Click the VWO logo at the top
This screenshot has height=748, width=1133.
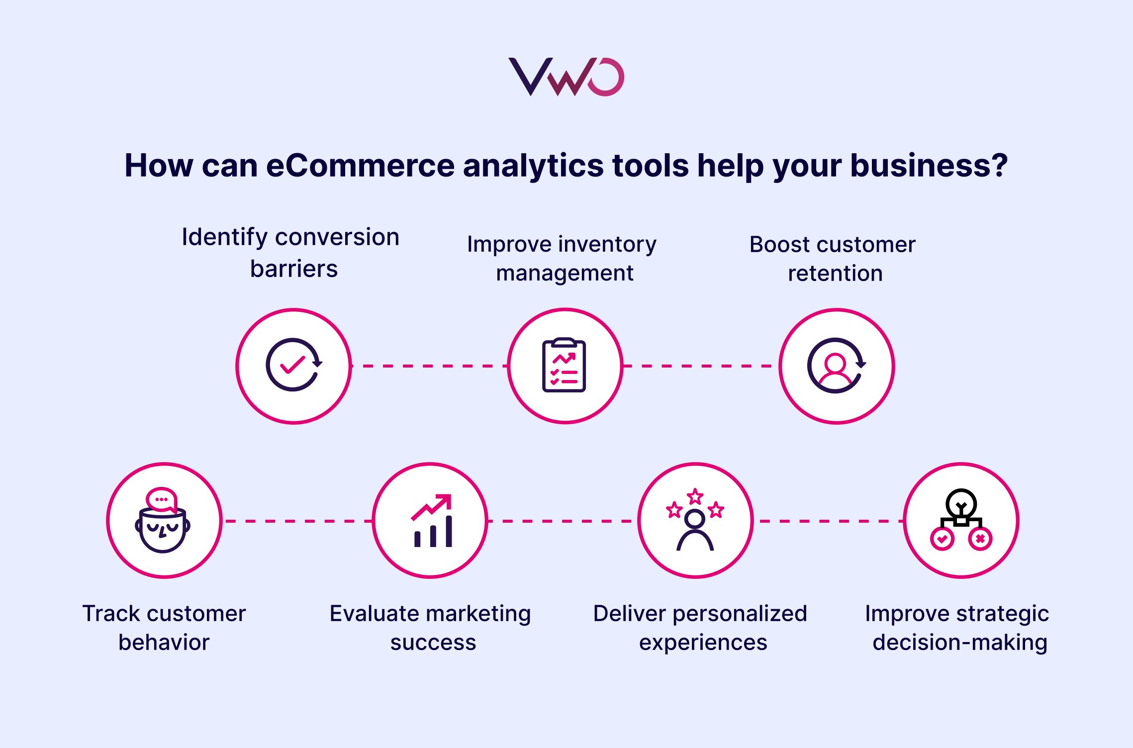(566, 77)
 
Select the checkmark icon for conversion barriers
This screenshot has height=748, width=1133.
(293, 366)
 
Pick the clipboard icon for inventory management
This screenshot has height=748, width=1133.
(564, 366)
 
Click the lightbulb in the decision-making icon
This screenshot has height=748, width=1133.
(961, 503)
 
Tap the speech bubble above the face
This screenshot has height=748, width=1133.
(161, 499)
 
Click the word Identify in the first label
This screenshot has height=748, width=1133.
(225, 237)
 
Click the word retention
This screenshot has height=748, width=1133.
(835, 274)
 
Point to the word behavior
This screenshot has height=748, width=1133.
(164, 642)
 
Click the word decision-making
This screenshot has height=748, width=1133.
(960, 642)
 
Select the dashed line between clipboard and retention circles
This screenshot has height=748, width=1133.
(700, 366)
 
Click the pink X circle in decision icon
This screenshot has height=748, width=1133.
(980, 539)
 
